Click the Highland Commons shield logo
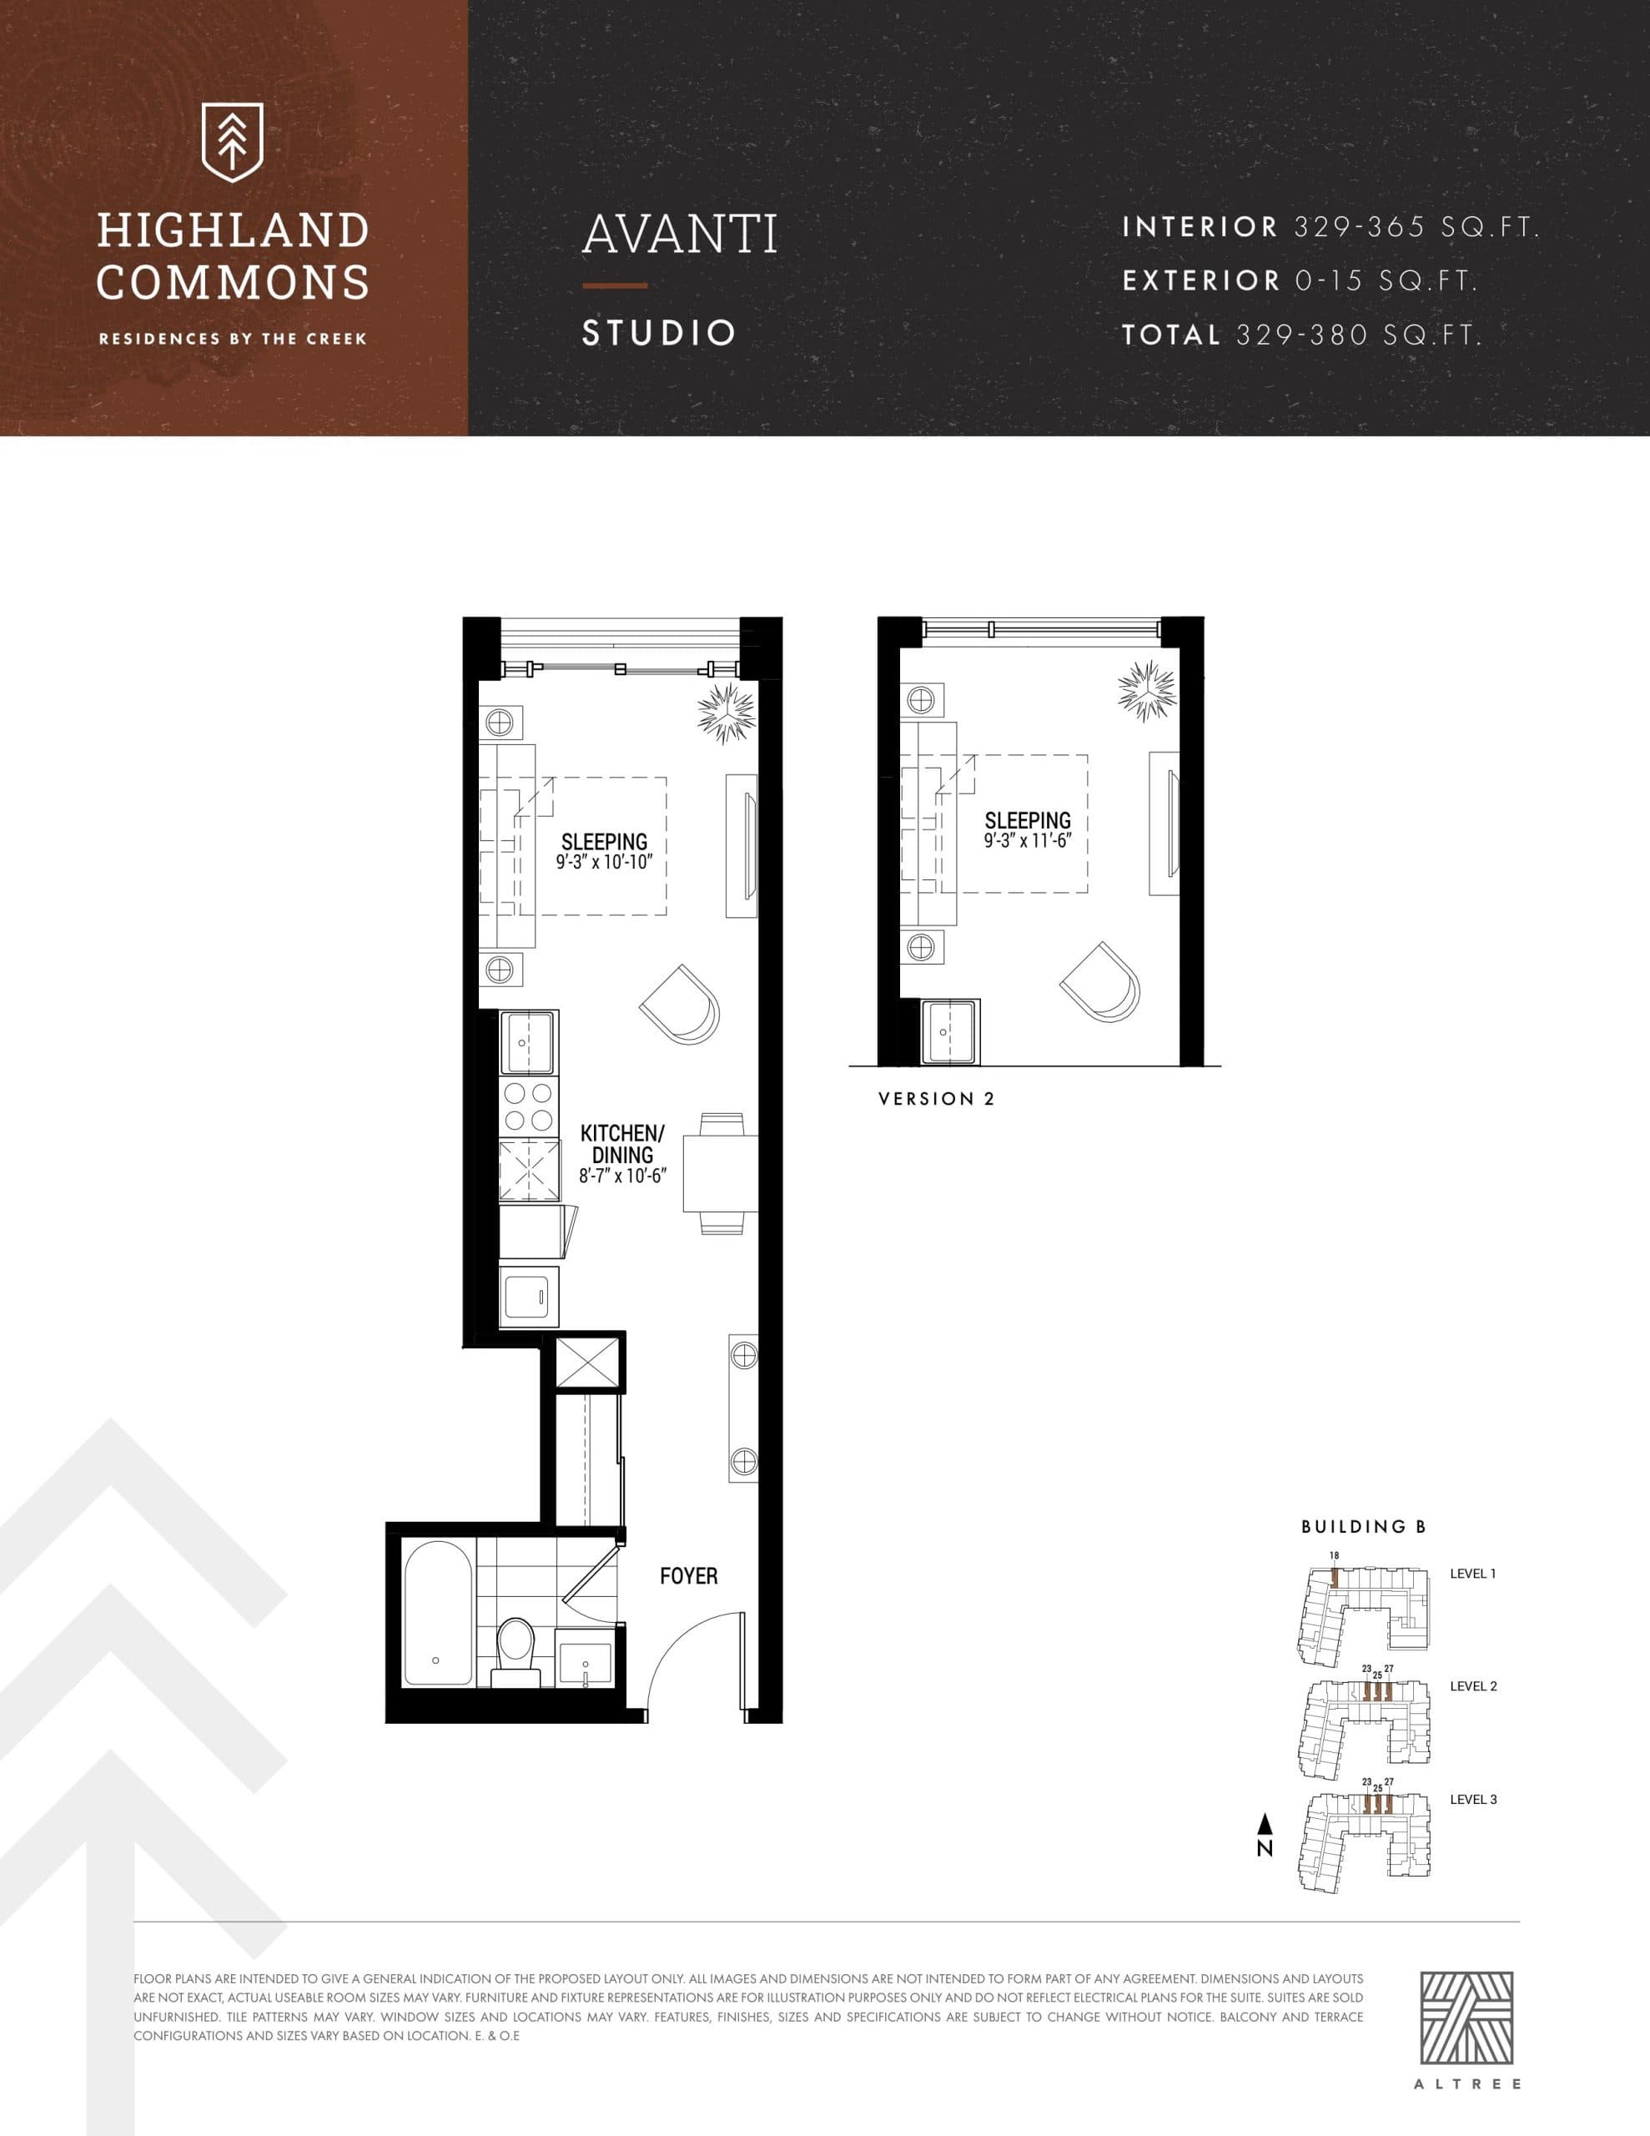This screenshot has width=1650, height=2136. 232,142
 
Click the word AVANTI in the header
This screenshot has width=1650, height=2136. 680,234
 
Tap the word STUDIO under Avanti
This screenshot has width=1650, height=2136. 658,333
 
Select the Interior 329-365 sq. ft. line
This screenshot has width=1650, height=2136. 1331,227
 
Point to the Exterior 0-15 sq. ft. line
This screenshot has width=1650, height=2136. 1299,280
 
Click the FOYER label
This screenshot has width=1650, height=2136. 688,1575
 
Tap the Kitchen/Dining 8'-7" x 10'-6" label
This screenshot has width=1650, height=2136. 622,1154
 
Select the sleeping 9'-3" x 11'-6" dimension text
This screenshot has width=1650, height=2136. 1027,840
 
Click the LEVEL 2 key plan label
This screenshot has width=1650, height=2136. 1473,1686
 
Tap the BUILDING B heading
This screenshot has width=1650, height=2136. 1362,1526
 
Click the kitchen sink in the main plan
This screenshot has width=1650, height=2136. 528,1043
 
